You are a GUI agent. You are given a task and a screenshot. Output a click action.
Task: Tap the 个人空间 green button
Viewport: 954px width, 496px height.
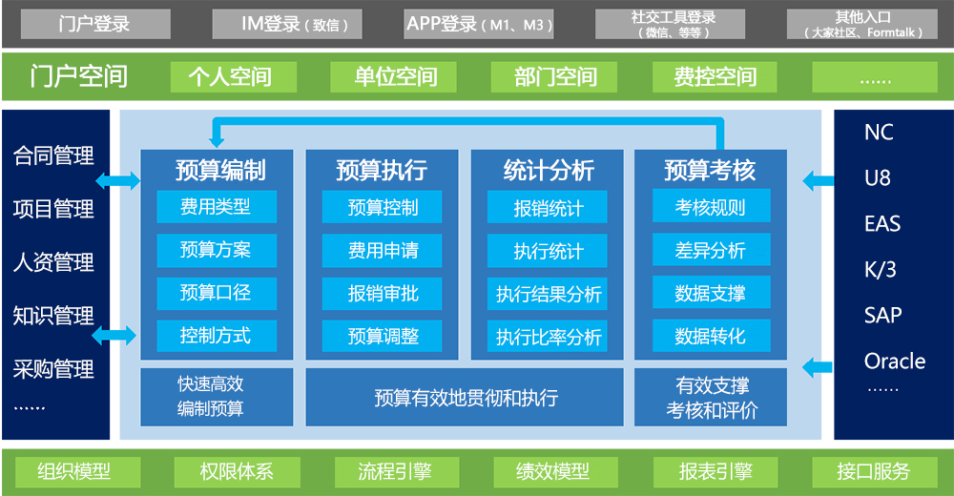point(229,76)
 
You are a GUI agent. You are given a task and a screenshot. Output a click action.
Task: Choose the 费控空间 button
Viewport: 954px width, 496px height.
point(715,76)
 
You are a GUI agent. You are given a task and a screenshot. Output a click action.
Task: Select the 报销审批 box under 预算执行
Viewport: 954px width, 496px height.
point(383,293)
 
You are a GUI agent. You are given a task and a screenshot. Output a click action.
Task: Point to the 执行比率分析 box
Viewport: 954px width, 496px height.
point(549,336)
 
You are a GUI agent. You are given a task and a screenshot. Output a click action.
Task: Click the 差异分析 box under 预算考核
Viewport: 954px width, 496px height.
point(710,250)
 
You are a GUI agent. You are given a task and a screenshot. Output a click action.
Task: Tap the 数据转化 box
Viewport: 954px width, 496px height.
point(710,336)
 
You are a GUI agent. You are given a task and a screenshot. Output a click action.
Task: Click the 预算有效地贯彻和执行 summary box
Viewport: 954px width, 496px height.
point(466,397)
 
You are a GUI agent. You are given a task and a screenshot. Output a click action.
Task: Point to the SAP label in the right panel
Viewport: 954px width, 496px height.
point(882,315)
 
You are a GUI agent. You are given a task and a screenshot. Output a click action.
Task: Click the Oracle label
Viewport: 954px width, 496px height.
point(894,362)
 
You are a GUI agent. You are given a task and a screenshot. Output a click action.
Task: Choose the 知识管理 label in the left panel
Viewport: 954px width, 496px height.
point(53,316)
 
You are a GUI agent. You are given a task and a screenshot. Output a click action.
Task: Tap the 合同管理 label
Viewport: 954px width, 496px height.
point(53,155)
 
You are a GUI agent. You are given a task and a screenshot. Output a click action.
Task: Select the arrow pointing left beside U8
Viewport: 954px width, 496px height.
point(818,178)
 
